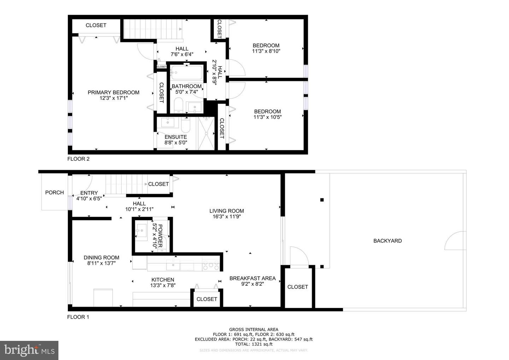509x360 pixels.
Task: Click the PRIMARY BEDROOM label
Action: pyautogui.click(x=113, y=93)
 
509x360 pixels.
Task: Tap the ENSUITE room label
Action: pyautogui.click(x=176, y=137)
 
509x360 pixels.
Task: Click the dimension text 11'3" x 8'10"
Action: pyautogui.click(x=266, y=51)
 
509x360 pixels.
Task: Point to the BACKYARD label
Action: pyautogui.click(x=387, y=241)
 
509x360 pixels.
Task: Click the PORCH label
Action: pyautogui.click(x=54, y=193)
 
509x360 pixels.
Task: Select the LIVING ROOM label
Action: pyautogui.click(x=227, y=211)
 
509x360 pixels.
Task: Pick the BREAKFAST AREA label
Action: pyautogui.click(x=252, y=279)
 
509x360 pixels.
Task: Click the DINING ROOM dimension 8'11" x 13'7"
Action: pyautogui.click(x=101, y=263)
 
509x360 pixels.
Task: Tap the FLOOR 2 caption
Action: pyautogui.click(x=78, y=159)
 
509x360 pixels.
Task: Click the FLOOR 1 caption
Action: pyautogui.click(x=78, y=317)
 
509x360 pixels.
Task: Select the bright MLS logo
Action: pyautogui.click(x=29, y=350)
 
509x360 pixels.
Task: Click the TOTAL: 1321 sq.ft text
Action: pyautogui.click(x=253, y=344)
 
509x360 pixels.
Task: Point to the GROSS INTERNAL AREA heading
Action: pyautogui.click(x=253, y=330)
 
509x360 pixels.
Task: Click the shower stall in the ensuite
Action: pyautogui.click(x=206, y=133)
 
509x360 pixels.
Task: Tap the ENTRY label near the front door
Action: pyautogui.click(x=89, y=193)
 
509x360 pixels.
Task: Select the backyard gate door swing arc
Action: pyautogui.click(x=454, y=240)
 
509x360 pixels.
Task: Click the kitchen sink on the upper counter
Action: pyautogui.click(x=173, y=264)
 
